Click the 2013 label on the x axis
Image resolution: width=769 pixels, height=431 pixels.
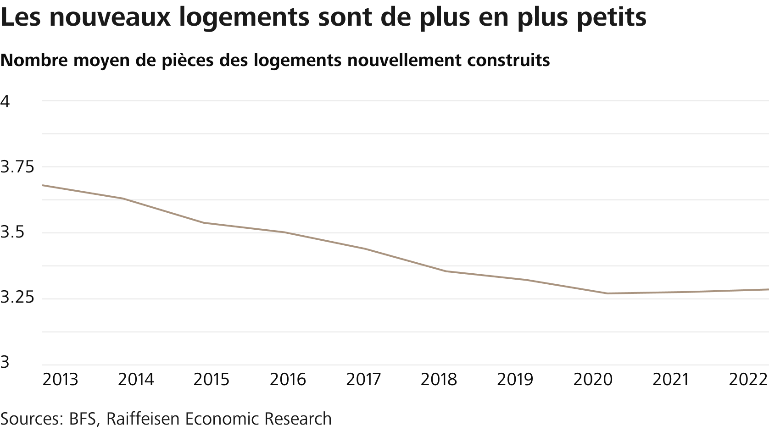click(60, 380)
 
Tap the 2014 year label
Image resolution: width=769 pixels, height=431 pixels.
click(136, 380)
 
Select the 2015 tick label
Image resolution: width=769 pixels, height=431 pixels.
click(212, 380)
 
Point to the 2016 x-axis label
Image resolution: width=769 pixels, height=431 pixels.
click(288, 380)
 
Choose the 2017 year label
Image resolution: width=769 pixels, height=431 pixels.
click(364, 380)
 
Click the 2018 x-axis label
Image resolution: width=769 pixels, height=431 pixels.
click(440, 380)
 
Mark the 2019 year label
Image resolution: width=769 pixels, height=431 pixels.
click(515, 380)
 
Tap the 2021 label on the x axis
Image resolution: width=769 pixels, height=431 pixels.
click(671, 380)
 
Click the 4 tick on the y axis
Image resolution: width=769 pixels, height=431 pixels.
click(5, 101)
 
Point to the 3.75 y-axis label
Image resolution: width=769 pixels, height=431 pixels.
click(17, 167)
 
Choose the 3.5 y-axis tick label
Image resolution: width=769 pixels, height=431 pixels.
click(12, 233)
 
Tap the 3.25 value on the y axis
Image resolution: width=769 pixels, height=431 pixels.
click(17, 298)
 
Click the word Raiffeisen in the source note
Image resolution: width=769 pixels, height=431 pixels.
click(145, 418)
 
